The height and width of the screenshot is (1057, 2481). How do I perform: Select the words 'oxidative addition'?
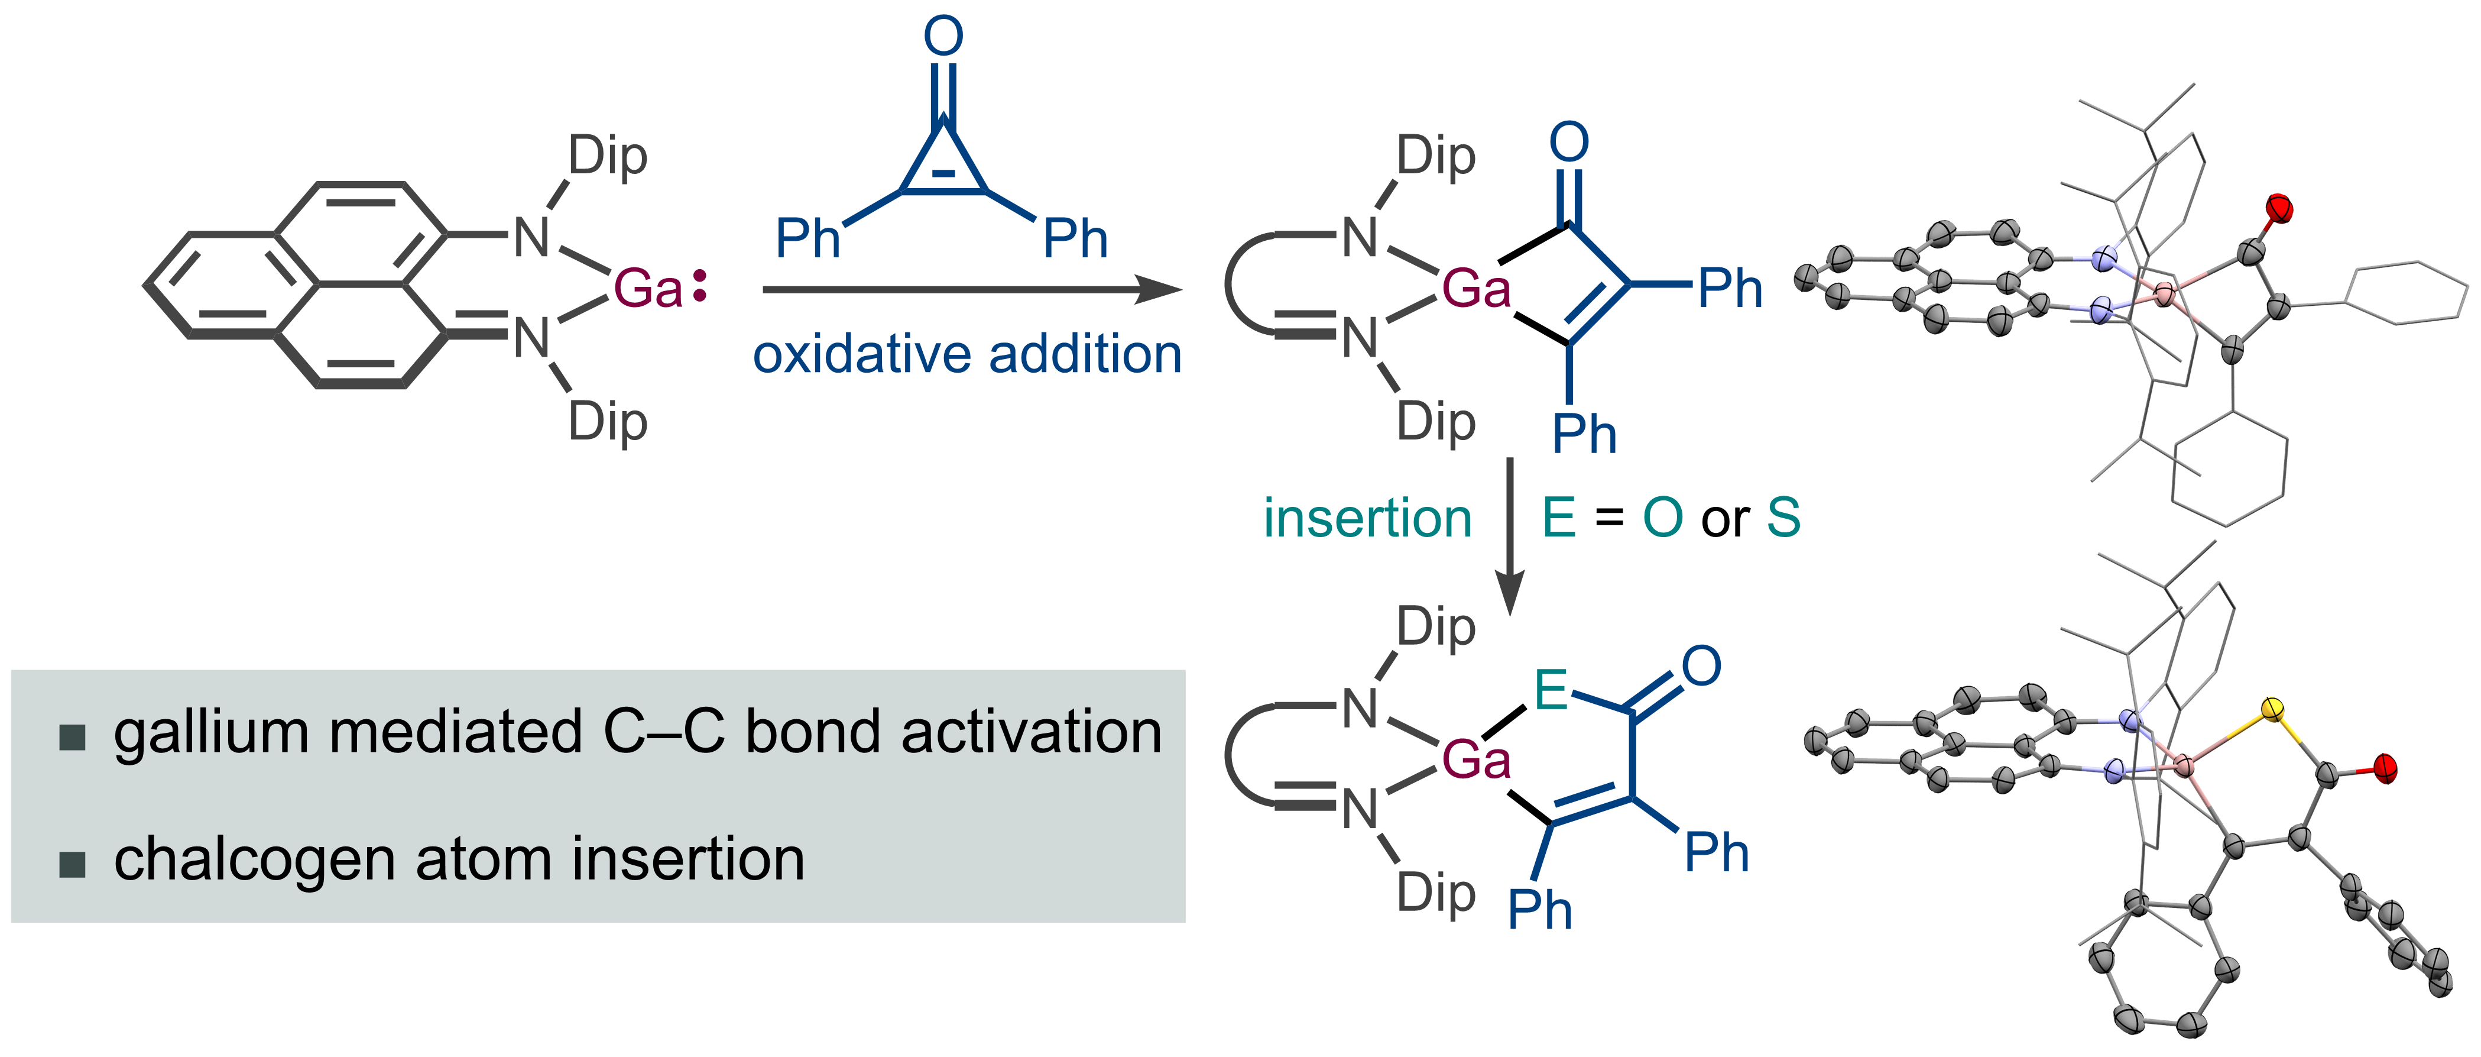coord(967,354)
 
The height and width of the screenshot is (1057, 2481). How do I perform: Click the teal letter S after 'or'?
coord(1783,518)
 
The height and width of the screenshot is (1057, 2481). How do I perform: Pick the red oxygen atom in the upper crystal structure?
coord(2279,207)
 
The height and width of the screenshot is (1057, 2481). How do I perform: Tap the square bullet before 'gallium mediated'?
coord(72,737)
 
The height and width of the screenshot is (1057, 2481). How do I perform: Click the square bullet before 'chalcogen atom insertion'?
coord(72,864)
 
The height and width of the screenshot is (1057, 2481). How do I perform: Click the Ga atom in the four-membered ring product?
coord(1475,288)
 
